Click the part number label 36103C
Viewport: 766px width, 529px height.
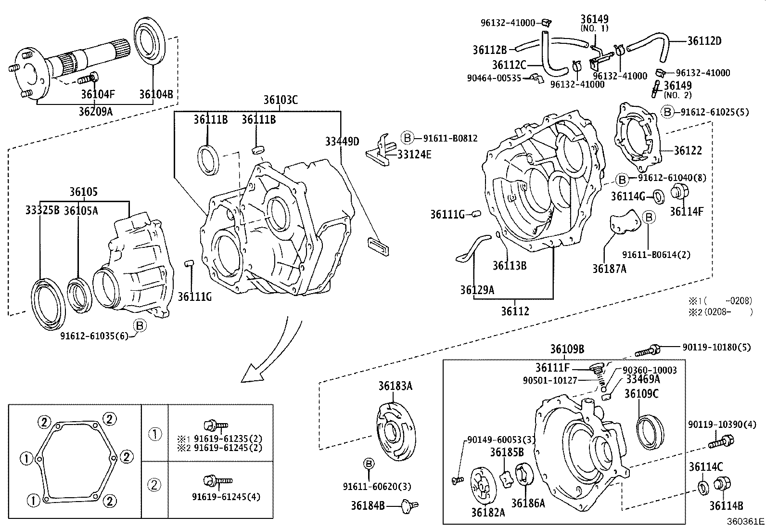[281, 100]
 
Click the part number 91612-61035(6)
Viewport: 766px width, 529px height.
[94, 336]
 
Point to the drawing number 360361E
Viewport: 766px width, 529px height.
[745, 521]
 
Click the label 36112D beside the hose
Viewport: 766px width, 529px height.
[704, 41]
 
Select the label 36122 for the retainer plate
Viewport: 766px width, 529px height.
[688, 150]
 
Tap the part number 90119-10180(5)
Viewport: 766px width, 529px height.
[716, 347]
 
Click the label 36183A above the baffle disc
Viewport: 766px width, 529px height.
[395, 386]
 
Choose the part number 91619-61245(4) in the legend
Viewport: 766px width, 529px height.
[226, 496]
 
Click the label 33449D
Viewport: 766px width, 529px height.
[342, 142]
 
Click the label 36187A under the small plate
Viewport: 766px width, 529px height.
[609, 269]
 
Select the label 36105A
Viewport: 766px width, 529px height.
[81, 210]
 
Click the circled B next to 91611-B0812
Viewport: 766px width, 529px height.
[408, 138]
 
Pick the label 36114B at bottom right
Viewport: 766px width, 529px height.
[726, 506]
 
